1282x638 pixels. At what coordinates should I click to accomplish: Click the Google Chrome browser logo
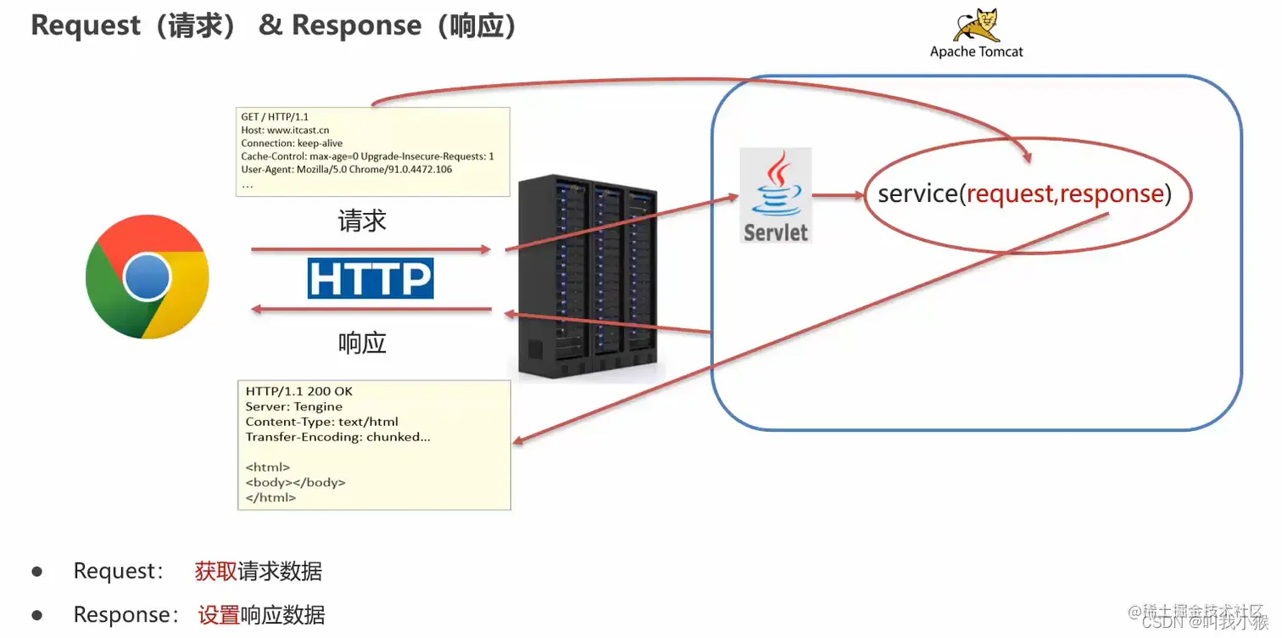tap(148, 277)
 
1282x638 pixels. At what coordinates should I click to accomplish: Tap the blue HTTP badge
tap(371, 278)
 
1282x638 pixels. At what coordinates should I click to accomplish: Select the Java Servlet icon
tap(775, 196)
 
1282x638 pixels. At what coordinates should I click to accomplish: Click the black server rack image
tap(587, 276)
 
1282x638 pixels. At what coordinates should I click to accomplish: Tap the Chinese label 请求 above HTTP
tap(362, 221)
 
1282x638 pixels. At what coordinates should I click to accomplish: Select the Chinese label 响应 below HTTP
tap(362, 343)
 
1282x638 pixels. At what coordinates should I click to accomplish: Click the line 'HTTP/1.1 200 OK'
tap(298, 392)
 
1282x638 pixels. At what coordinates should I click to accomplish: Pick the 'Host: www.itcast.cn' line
tap(285, 131)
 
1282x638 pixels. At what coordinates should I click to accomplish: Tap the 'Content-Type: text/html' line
tap(321, 422)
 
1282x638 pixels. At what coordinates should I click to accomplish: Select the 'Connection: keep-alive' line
tap(292, 143)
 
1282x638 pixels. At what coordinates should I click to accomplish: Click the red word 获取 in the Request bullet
tap(216, 571)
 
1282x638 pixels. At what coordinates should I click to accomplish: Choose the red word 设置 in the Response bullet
tap(219, 615)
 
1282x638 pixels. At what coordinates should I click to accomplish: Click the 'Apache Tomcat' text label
tap(976, 52)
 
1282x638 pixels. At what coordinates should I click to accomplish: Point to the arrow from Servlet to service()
tap(837, 196)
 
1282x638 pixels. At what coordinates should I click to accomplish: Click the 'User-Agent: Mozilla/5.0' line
tap(346, 170)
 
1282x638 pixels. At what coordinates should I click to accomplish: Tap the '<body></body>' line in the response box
tap(295, 482)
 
